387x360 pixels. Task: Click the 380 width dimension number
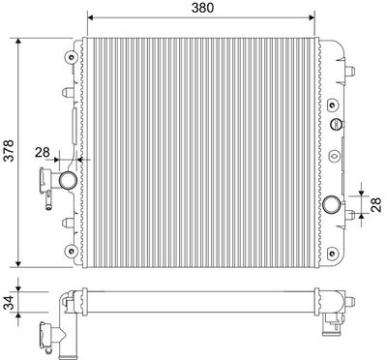[201, 8]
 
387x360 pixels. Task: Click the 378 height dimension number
[9, 152]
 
